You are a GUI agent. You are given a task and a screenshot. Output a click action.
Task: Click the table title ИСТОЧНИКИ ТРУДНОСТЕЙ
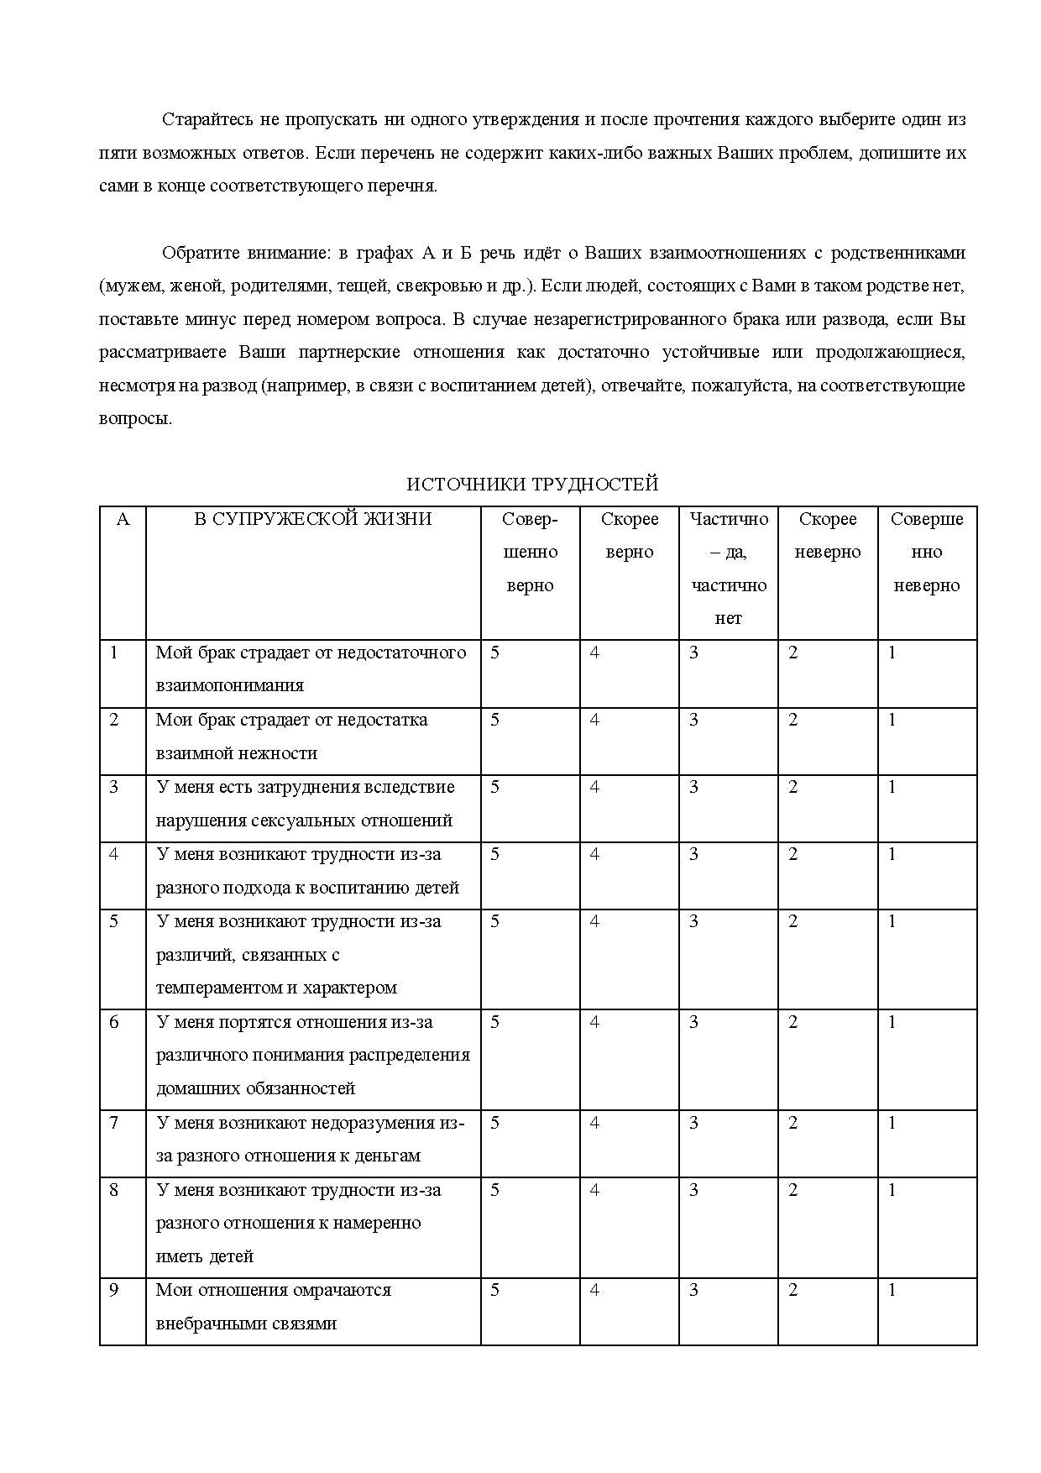coord(532,485)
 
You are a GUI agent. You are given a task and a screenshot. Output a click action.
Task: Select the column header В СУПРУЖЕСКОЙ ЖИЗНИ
coord(312,519)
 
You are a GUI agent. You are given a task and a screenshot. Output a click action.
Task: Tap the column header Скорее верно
coord(629,536)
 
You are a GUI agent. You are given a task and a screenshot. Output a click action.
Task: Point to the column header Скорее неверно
coord(827,536)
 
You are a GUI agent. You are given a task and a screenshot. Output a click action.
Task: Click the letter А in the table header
coord(123,519)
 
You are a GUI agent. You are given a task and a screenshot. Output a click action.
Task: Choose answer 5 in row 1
coord(495,653)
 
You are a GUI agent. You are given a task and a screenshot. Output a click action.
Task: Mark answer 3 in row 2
coord(693,720)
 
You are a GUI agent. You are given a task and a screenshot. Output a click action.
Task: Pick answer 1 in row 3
coord(892,787)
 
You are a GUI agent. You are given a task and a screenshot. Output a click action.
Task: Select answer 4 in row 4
coord(594,854)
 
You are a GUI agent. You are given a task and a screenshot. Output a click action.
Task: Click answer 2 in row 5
coord(793,921)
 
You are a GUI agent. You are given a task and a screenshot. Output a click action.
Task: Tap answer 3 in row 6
coord(693,1022)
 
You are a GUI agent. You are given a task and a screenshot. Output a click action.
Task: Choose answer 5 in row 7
coord(495,1123)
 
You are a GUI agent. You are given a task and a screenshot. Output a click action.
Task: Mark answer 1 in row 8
coord(892,1190)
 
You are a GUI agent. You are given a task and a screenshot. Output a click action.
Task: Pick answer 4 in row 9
coord(594,1290)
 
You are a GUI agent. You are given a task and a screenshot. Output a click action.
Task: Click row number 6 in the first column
coord(114,1022)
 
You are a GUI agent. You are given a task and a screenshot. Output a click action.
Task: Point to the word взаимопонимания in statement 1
coord(229,685)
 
